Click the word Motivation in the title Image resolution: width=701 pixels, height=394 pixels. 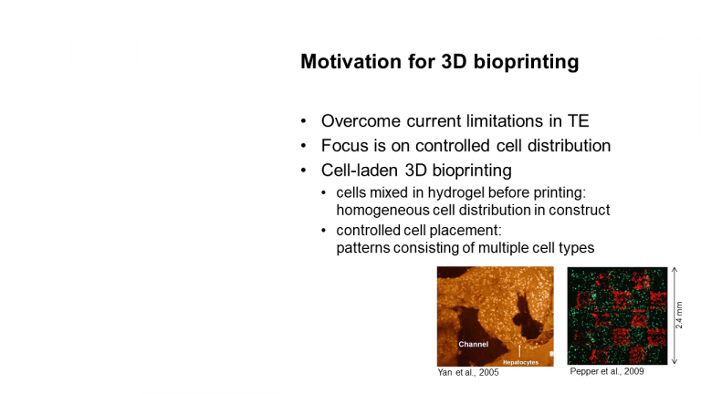pyautogui.click(x=350, y=62)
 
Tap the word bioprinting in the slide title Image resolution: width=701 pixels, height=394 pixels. pyautogui.click(x=526, y=63)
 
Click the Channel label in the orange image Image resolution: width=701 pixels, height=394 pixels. pyautogui.click(x=474, y=345)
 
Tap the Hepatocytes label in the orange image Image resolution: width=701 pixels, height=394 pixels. pyautogui.click(x=521, y=362)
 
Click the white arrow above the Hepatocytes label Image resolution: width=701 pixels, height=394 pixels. pyautogui.click(x=519, y=350)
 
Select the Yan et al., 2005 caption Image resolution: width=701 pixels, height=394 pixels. pyautogui.click(x=468, y=372)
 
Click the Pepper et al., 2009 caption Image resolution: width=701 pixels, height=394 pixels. pyautogui.click(x=607, y=372)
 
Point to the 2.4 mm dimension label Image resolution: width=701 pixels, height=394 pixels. pyautogui.click(x=679, y=316)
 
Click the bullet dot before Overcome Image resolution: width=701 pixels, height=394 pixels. pyautogui.click(x=304, y=121)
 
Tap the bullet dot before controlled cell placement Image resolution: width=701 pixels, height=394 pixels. pyautogui.click(x=324, y=231)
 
